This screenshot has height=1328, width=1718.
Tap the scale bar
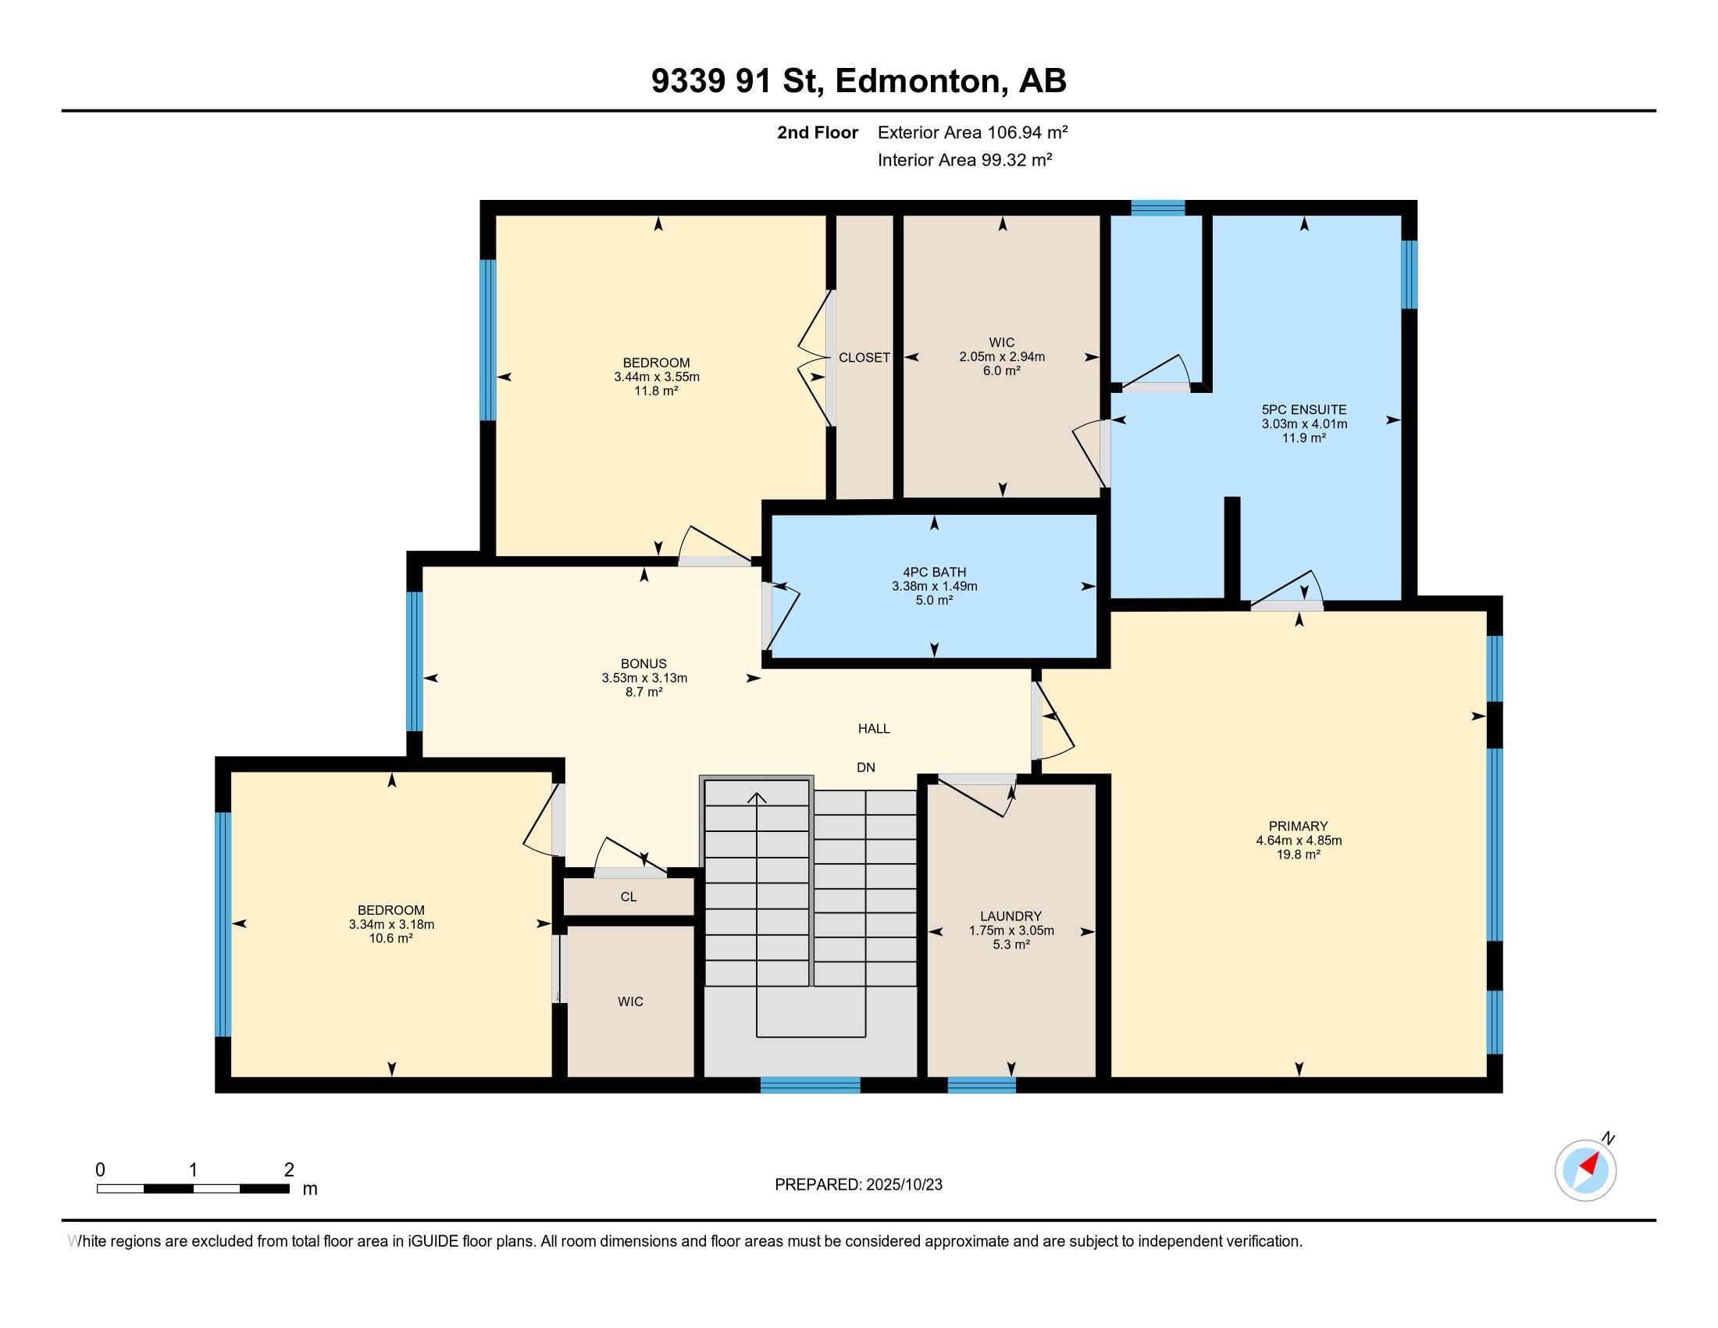[194, 1188]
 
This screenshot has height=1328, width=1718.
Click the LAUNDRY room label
[1010, 916]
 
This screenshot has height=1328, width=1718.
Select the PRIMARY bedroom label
[1298, 826]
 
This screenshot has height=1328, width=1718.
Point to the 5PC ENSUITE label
[1304, 409]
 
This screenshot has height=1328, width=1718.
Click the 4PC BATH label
[935, 572]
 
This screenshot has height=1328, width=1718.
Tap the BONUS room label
[643, 663]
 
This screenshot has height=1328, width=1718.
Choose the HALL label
[874, 729]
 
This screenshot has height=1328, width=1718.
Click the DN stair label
[866, 767]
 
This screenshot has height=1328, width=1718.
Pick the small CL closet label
[629, 896]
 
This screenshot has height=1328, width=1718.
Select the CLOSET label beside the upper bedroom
[864, 357]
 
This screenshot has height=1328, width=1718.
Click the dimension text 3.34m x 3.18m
[392, 924]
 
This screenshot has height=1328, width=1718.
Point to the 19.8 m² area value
[1298, 855]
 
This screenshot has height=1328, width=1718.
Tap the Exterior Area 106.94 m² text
[973, 132]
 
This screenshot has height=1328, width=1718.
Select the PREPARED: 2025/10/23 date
[858, 1184]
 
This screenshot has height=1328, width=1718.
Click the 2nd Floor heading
[818, 132]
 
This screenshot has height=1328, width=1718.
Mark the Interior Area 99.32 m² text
[965, 159]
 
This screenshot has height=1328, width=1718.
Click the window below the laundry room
[982, 1085]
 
